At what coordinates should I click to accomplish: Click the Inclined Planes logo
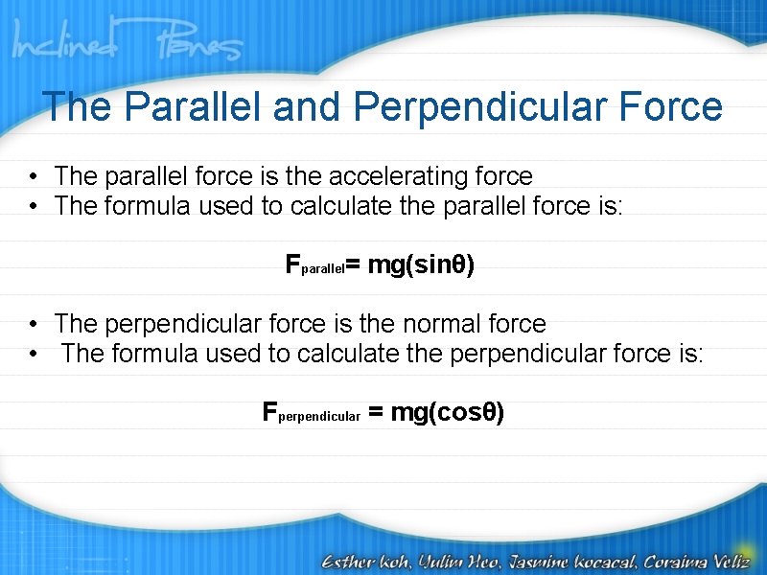[x=128, y=44]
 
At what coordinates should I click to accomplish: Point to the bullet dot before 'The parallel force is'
[x=33, y=177]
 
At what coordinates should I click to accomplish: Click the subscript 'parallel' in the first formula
[x=323, y=270]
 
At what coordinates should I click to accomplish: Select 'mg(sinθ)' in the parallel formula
[x=421, y=265]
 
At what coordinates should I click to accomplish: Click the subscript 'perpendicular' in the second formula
[x=318, y=417]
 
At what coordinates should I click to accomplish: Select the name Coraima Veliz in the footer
[x=700, y=559]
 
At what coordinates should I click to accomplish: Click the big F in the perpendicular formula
[x=269, y=412]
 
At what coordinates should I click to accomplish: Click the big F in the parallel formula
[x=293, y=265]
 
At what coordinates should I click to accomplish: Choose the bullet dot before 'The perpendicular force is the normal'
[x=33, y=325]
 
